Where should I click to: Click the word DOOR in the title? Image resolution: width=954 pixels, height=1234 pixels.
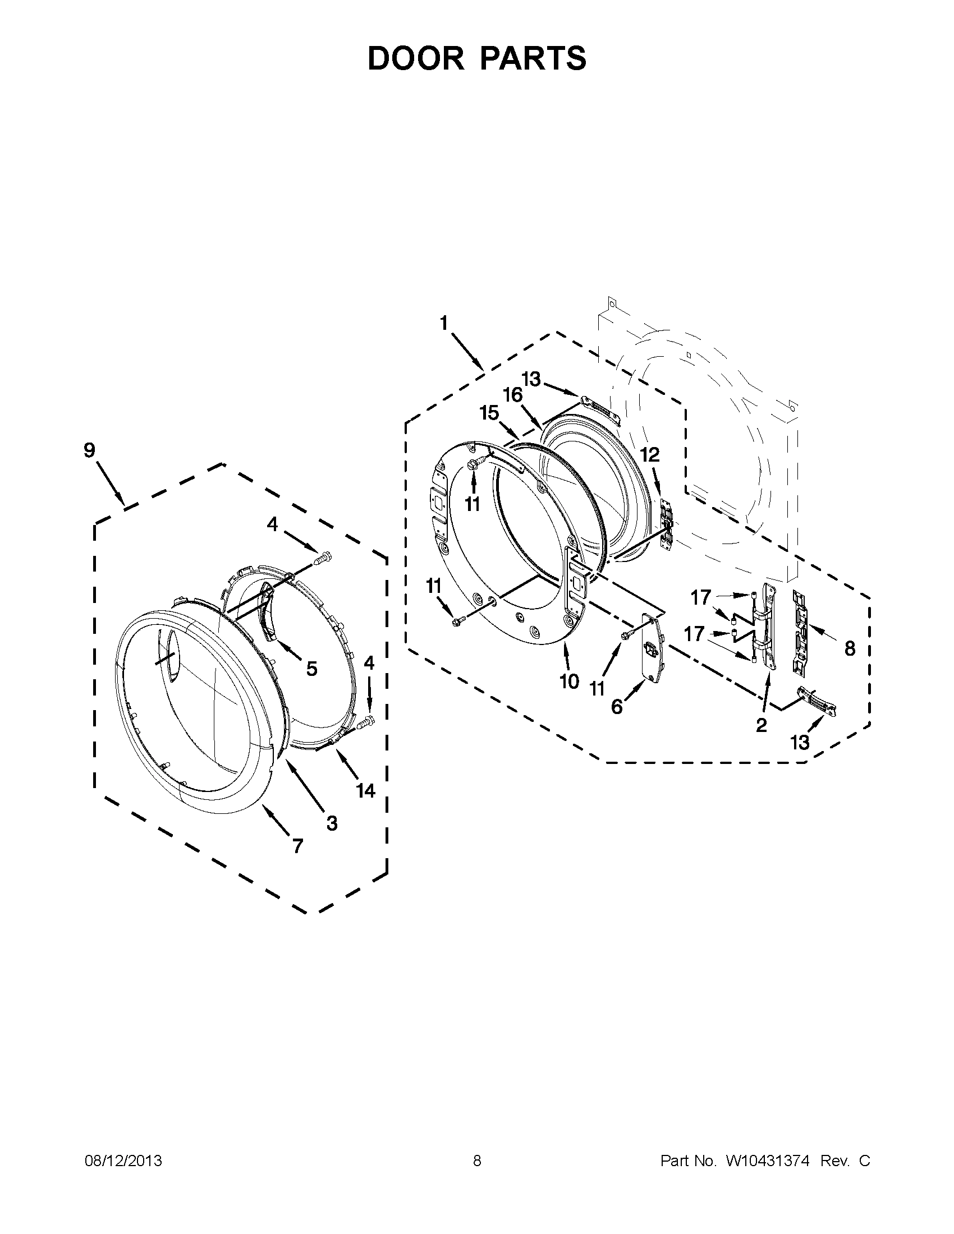(x=415, y=58)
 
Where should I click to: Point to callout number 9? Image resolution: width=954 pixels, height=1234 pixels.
(x=89, y=450)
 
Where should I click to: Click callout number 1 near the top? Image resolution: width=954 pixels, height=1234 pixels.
(x=444, y=323)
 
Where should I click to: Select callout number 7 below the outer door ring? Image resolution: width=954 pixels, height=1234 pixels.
(x=297, y=846)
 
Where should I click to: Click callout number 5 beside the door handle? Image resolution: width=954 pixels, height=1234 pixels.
(x=311, y=669)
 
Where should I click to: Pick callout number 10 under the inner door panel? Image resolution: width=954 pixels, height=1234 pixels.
(x=569, y=682)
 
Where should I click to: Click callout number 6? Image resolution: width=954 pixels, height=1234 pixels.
(x=617, y=706)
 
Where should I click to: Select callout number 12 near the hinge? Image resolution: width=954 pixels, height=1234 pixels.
(x=650, y=454)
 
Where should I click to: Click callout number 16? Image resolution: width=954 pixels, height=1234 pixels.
(x=512, y=395)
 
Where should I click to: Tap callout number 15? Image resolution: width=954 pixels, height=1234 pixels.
(x=489, y=413)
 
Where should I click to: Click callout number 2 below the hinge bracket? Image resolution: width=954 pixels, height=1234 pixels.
(x=762, y=725)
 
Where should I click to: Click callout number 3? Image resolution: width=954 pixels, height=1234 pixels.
(x=332, y=823)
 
